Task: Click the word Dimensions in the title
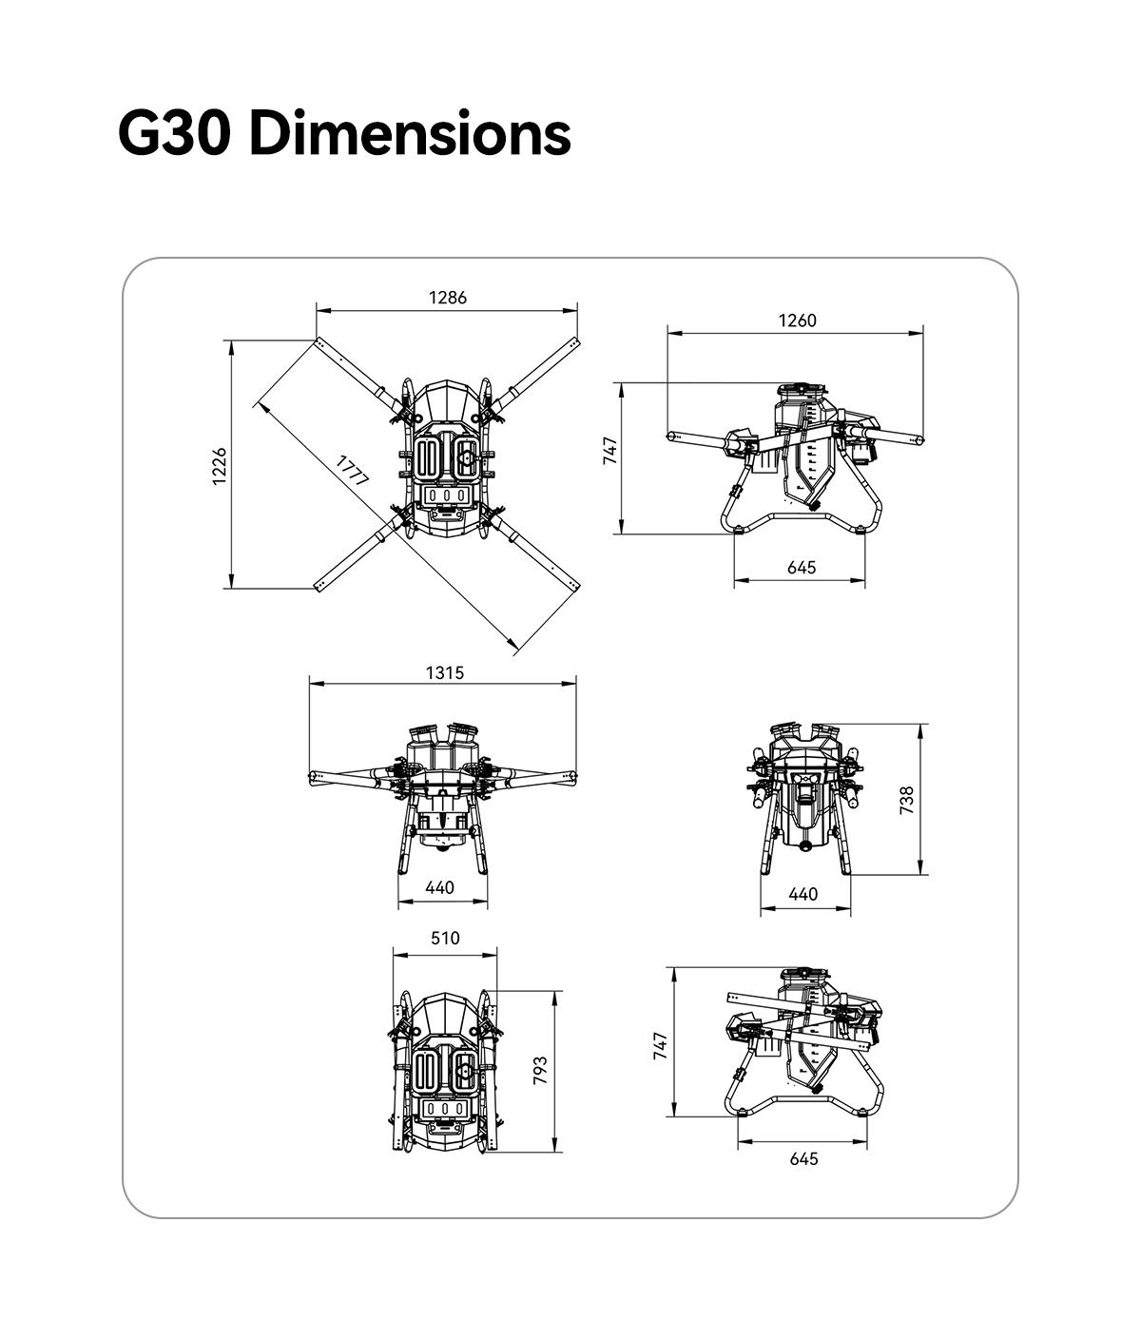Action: point(410,133)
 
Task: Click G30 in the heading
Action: point(173,133)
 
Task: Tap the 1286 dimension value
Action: point(448,298)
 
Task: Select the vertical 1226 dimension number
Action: point(219,466)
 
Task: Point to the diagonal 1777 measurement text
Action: point(353,471)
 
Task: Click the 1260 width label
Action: point(797,320)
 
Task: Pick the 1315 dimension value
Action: point(445,673)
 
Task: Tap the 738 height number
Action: point(907,800)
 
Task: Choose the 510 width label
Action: point(445,938)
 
